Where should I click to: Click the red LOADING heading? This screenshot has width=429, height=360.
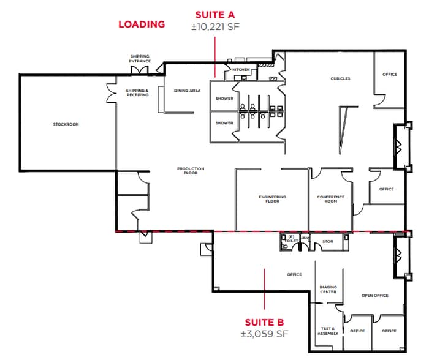click(x=142, y=24)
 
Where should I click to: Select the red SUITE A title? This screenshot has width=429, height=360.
click(x=215, y=14)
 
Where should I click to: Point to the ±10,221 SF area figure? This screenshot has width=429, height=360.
click(x=215, y=26)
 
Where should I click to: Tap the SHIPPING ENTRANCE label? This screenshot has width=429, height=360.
click(x=140, y=59)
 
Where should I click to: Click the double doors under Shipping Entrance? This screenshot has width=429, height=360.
click(x=140, y=70)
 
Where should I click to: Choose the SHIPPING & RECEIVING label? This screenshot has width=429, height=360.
click(x=137, y=93)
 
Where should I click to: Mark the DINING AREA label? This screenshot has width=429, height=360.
click(x=187, y=91)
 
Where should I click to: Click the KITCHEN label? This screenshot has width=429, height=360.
click(x=241, y=70)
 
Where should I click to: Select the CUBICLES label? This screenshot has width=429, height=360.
click(x=340, y=78)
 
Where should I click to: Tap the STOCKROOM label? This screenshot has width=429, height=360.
click(x=66, y=124)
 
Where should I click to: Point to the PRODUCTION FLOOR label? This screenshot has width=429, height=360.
click(x=191, y=171)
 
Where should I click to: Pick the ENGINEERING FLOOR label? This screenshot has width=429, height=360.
click(x=272, y=199)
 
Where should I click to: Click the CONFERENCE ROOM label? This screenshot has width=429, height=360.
click(x=330, y=199)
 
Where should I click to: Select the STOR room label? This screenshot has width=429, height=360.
click(x=328, y=242)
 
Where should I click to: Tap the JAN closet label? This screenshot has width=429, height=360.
click(x=305, y=238)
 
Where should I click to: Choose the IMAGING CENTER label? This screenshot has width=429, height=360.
click(x=328, y=290)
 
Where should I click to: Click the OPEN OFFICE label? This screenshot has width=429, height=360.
click(x=374, y=296)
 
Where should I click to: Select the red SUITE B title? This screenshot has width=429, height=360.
click(x=264, y=322)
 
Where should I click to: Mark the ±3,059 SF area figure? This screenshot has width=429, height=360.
click(x=264, y=334)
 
